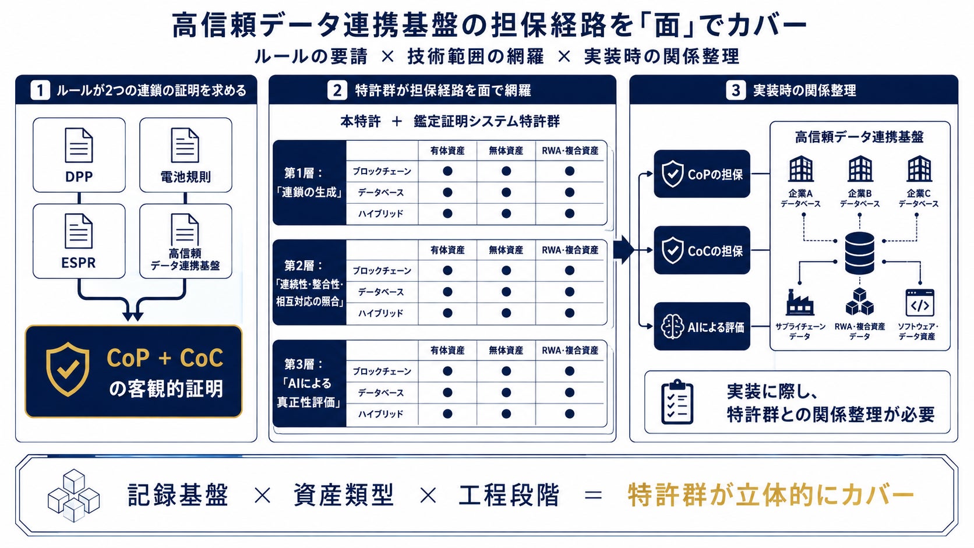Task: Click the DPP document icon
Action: (79, 145)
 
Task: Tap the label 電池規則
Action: (186, 177)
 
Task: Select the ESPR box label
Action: (78, 263)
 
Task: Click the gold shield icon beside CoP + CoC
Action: (68, 369)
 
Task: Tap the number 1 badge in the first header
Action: (40, 90)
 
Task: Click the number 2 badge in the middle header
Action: (337, 90)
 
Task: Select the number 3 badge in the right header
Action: (736, 90)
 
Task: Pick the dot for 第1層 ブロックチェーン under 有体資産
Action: (447, 171)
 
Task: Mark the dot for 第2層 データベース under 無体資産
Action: (506, 292)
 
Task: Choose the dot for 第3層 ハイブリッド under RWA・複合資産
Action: (570, 413)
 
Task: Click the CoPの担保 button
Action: (702, 174)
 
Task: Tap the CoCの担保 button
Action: (702, 250)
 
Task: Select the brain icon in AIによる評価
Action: (672, 327)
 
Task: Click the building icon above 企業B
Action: (860, 169)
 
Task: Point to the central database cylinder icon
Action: (860, 253)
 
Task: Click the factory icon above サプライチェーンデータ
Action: (800, 302)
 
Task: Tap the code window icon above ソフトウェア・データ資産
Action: (920, 302)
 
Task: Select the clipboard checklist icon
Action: (677, 402)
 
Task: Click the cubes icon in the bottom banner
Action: (73, 496)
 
